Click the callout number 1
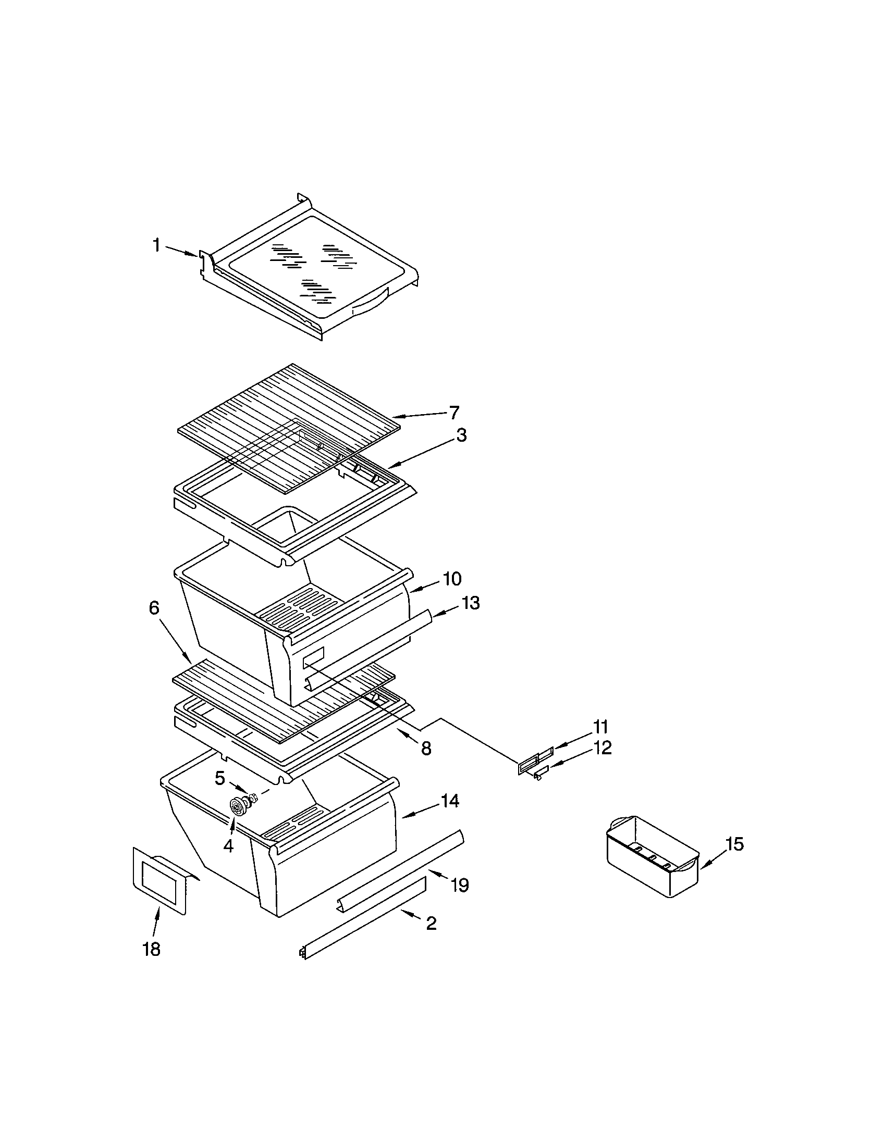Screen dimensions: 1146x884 pos(156,245)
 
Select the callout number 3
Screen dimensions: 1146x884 pos(460,435)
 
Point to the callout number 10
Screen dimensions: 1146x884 pos(452,579)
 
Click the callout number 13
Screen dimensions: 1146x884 pos(471,603)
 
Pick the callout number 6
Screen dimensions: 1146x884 pos(154,607)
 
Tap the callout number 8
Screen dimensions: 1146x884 pos(426,748)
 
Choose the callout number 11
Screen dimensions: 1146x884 pos(600,727)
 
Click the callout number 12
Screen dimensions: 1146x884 pos(603,748)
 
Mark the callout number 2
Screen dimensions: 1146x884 pos(431,923)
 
